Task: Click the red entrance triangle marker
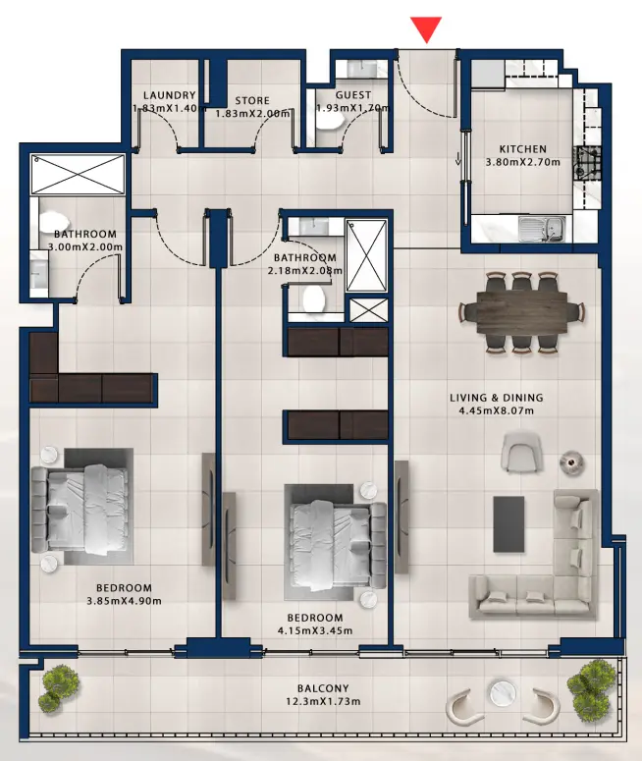point(426,29)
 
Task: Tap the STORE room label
point(252,101)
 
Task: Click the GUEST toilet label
point(352,95)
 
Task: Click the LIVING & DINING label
point(496,398)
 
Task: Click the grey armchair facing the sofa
point(520,453)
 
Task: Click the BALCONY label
point(323,688)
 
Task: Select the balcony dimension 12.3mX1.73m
point(323,701)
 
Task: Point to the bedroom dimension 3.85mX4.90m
point(124,601)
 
